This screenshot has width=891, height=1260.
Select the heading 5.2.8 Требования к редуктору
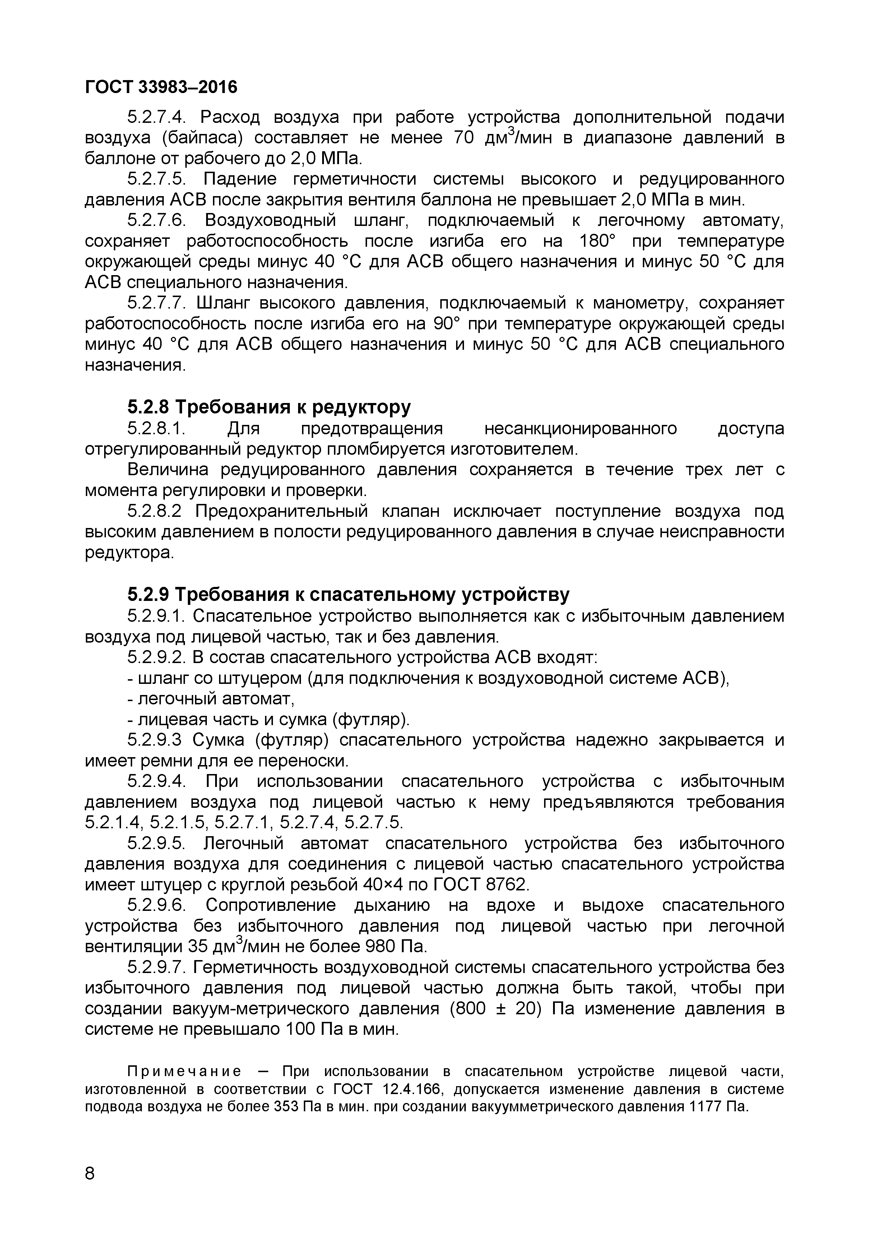click(x=269, y=407)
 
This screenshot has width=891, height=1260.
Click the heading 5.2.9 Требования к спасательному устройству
click(x=348, y=594)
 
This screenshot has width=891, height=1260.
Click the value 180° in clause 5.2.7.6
click(x=598, y=241)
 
